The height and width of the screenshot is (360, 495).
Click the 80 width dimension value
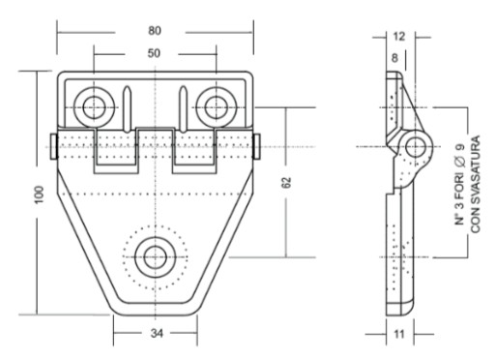155,31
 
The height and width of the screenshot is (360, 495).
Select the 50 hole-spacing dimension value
154,53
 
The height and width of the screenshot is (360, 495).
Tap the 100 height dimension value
39,195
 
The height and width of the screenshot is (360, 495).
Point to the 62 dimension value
286,182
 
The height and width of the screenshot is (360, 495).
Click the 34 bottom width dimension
157,333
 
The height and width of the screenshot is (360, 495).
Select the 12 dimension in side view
399,37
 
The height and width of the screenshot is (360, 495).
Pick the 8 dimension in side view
394,58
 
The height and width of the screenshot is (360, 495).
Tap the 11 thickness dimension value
399,334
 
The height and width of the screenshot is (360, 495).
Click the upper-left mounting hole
94,107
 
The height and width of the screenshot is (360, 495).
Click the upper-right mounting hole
217,107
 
